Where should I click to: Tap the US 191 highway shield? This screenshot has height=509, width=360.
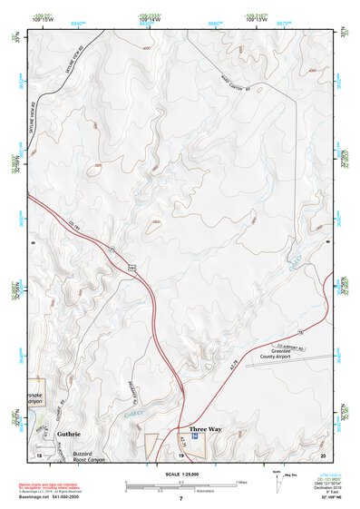pyautogui.click(x=131, y=269)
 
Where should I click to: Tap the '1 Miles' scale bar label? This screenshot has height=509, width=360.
pyautogui.click(x=240, y=481)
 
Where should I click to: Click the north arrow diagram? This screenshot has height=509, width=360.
pyautogui.click(x=277, y=481)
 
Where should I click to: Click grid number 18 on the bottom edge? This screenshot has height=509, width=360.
pyautogui.click(x=40, y=454)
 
